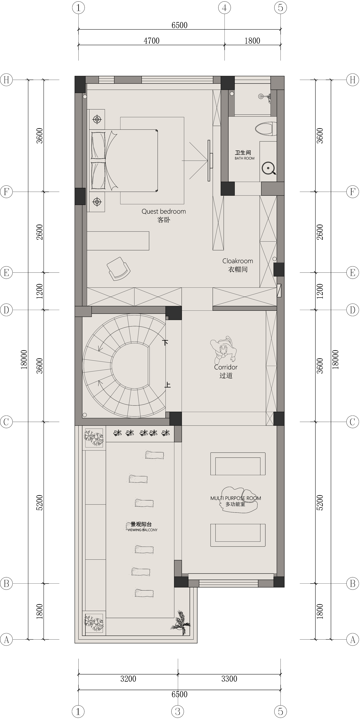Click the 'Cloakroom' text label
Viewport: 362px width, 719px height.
point(238,261)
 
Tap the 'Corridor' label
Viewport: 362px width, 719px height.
point(226,367)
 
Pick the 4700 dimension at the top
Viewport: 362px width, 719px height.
point(152,41)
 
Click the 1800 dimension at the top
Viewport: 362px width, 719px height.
point(252,41)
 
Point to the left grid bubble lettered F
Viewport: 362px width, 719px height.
point(6,192)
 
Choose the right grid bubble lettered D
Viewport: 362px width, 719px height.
point(352,310)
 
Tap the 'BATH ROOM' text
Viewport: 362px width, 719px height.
point(244,158)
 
